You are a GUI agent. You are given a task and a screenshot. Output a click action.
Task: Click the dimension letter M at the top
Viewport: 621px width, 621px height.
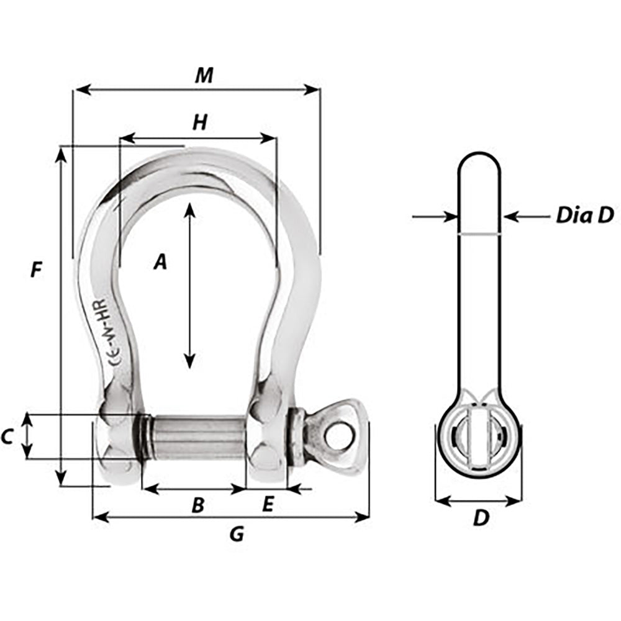203,75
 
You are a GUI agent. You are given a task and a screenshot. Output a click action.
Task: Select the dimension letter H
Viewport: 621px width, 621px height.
199,123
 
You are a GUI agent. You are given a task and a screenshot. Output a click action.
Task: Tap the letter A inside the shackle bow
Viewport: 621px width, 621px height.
160,263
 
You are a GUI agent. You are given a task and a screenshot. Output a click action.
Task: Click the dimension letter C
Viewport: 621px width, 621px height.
7,437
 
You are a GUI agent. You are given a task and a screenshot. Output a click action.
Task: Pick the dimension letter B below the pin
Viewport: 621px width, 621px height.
197,505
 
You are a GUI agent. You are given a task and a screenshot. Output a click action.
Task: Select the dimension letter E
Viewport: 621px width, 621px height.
268,505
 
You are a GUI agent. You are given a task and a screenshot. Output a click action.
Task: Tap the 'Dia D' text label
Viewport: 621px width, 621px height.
584,215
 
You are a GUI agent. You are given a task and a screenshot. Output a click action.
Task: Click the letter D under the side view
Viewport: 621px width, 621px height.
481,518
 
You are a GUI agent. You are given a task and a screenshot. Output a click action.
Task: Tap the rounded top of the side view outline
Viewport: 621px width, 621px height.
479,155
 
